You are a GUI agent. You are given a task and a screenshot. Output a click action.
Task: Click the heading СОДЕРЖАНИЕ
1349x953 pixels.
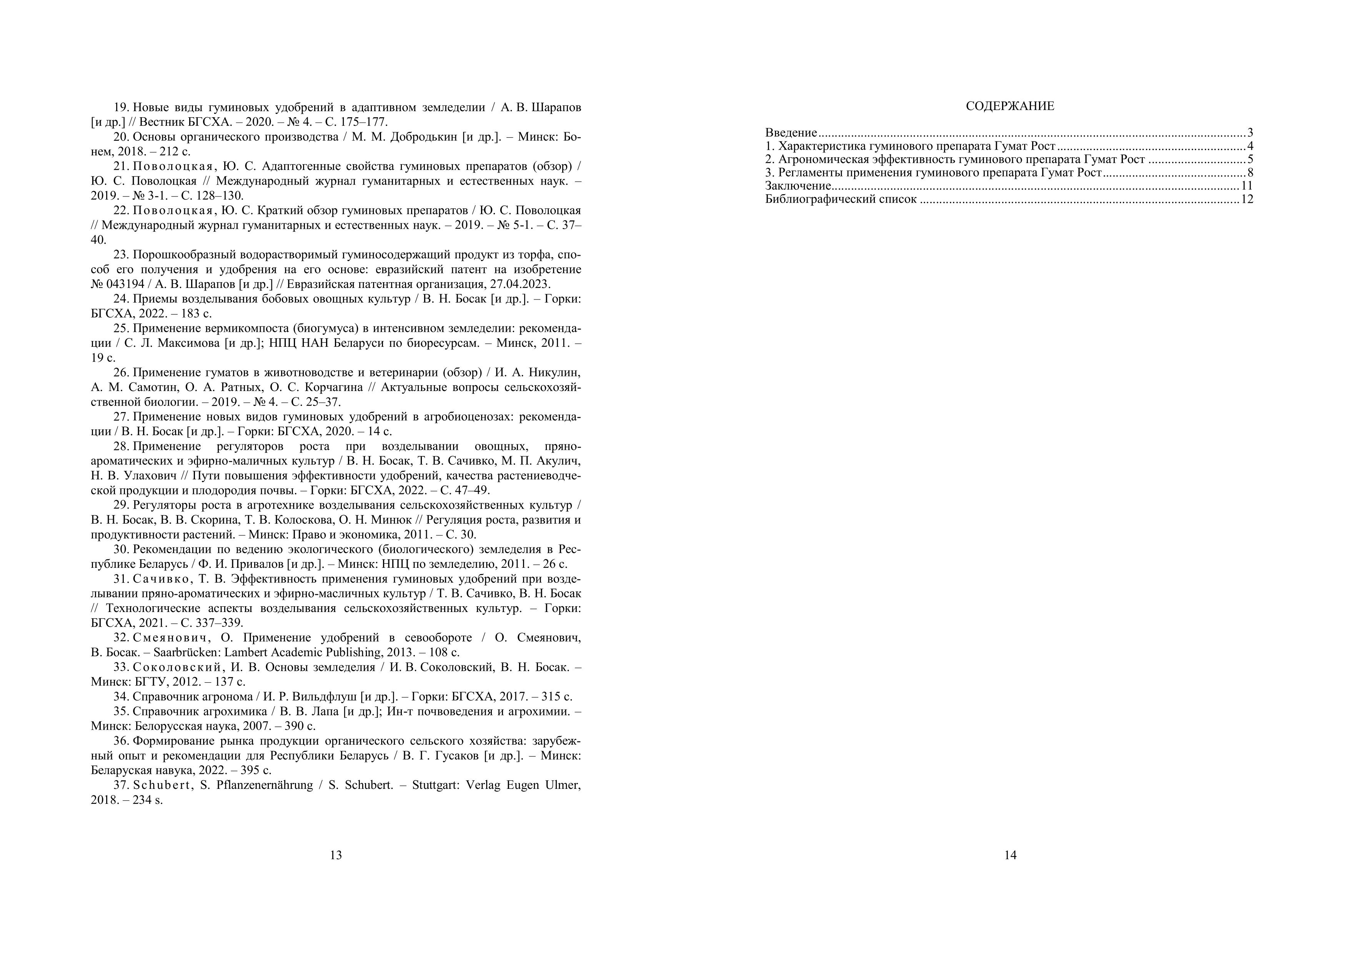pyautogui.click(x=1010, y=106)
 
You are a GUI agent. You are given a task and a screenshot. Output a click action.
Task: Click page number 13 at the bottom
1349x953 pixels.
pyautogui.click(x=335, y=855)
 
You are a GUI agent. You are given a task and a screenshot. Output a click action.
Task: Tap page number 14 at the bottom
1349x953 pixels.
pyautogui.click(x=1010, y=855)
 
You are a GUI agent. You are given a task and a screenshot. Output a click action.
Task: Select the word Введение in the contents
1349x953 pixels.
pyautogui.click(x=791, y=133)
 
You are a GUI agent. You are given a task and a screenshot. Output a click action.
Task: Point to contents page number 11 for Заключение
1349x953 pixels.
pyautogui.click(x=1247, y=186)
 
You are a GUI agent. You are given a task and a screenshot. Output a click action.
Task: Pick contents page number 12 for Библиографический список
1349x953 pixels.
pyautogui.click(x=1247, y=199)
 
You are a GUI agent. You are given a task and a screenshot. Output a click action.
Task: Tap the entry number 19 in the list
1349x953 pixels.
pyautogui.click(x=120, y=108)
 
